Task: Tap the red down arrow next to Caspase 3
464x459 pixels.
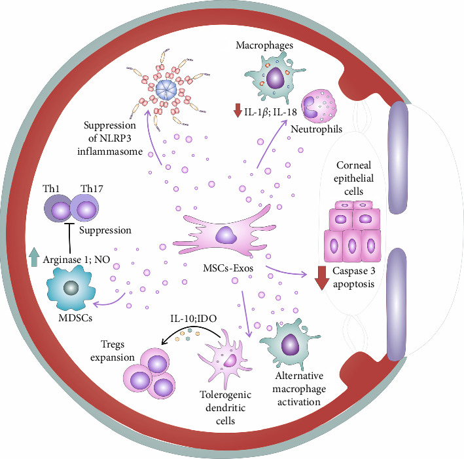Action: tap(321, 277)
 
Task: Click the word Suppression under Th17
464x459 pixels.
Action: tap(105, 231)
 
